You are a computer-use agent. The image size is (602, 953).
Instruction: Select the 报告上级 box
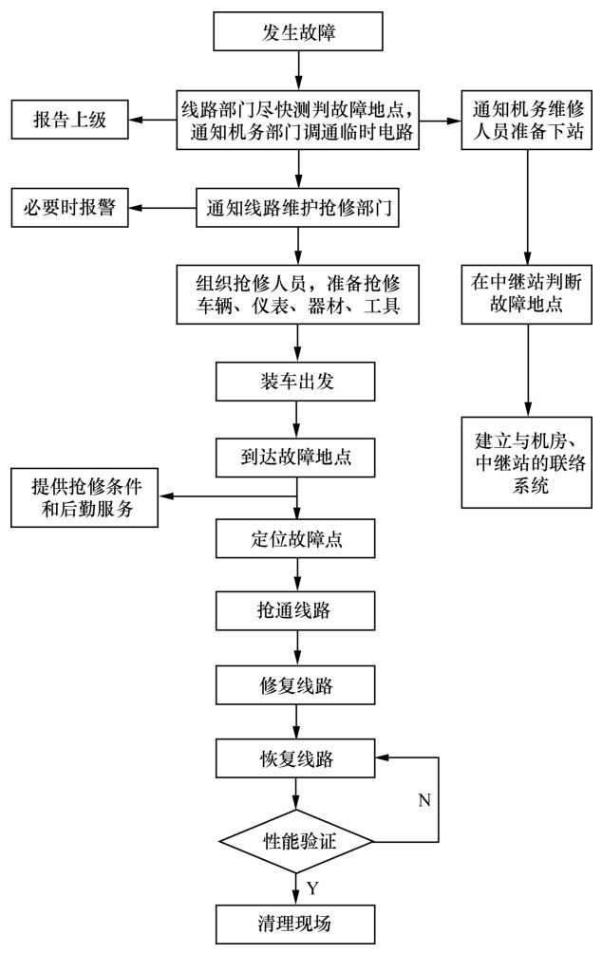pos(70,120)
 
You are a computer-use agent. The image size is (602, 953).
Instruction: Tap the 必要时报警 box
pos(69,208)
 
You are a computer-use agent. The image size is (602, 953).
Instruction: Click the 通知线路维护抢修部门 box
pos(298,208)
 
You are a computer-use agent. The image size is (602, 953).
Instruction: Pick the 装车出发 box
pos(298,382)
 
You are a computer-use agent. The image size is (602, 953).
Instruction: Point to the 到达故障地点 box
pos(298,456)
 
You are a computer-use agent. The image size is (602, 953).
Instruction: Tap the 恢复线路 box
pos(298,758)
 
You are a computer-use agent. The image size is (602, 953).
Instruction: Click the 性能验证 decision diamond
pos(298,840)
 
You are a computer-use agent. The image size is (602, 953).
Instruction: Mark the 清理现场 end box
pos(298,923)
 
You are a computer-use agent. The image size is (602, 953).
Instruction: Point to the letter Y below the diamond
pos(313,888)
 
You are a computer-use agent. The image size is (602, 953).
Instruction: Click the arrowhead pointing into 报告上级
pos(136,120)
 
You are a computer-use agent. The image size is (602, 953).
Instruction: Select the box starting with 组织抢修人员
pos(298,293)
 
